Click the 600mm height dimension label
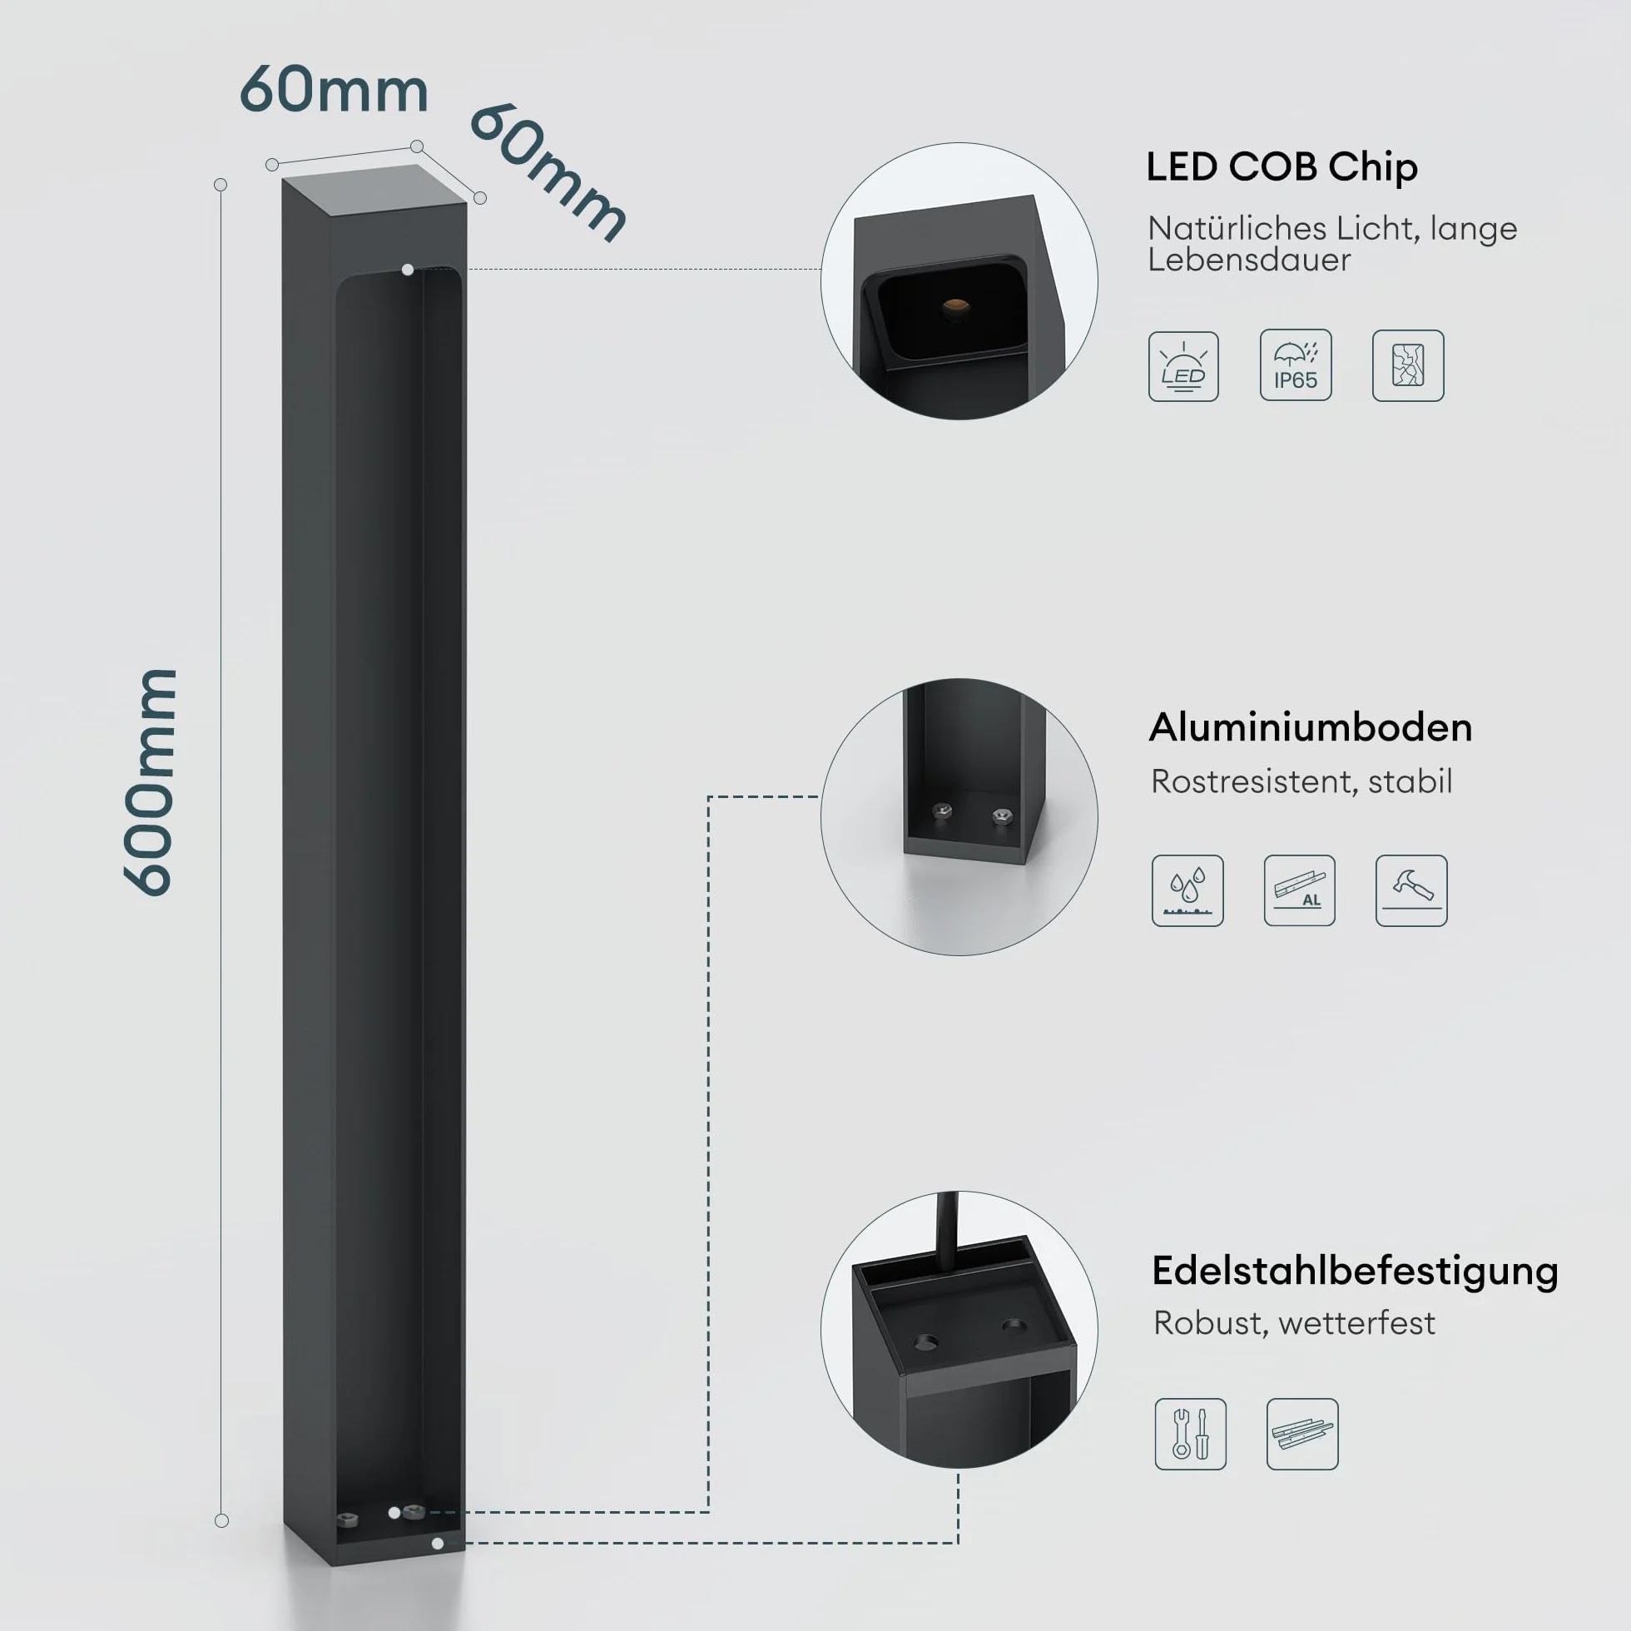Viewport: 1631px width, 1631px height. pyautogui.click(x=151, y=782)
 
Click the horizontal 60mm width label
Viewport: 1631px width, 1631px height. pyautogui.click(x=335, y=90)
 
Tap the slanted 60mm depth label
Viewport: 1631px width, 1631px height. pyautogui.click(x=548, y=173)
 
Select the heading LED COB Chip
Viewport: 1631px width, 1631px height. pyautogui.click(x=1281, y=166)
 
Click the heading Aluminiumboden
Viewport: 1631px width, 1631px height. pyautogui.click(x=1310, y=727)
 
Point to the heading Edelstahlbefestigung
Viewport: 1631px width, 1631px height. pyautogui.click(x=1355, y=1272)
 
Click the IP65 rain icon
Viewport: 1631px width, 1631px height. pyautogui.click(x=1296, y=364)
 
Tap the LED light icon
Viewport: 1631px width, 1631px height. pyautogui.click(x=1183, y=366)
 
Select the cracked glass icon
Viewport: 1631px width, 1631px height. pyautogui.click(x=1408, y=365)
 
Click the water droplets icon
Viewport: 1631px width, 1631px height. pyautogui.click(x=1187, y=890)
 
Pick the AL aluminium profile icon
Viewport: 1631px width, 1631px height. pyautogui.click(x=1299, y=890)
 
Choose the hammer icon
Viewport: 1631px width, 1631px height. pyautogui.click(x=1411, y=890)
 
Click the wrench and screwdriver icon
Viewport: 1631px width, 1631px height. pyautogui.click(x=1190, y=1435)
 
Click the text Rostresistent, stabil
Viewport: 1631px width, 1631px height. pyautogui.click(x=1301, y=781)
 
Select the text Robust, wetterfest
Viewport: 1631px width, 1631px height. pyautogui.click(x=1294, y=1323)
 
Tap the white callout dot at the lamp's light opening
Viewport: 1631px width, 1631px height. pyautogui.click(x=408, y=270)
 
